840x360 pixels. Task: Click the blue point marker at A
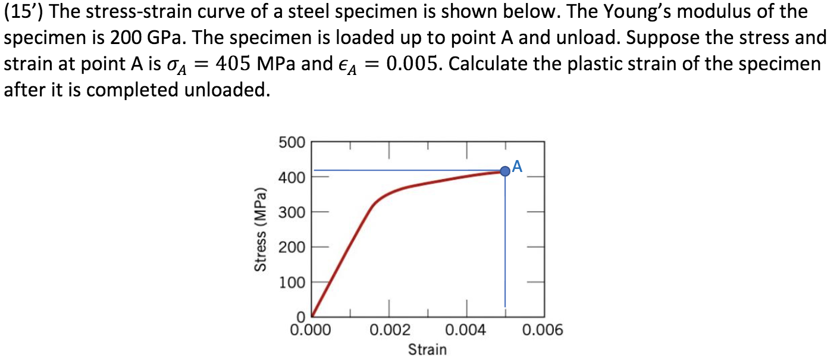pos(505,171)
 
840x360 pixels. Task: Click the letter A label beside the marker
pos(517,166)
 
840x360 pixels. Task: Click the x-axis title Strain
pos(427,349)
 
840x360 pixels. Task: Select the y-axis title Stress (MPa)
pos(259,229)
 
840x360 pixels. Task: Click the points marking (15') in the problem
pos(24,12)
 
